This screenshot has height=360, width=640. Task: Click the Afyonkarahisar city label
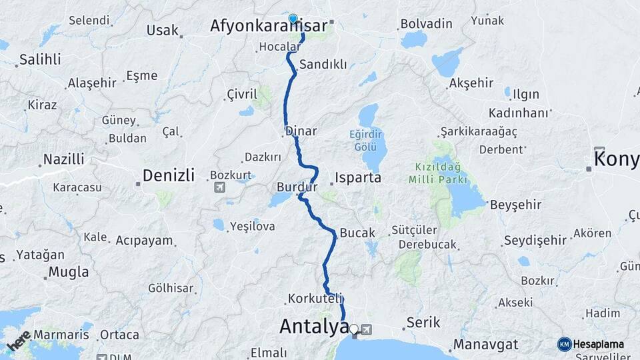(x=269, y=26)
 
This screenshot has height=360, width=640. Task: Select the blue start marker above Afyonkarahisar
(x=293, y=19)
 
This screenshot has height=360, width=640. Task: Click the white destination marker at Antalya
(x=354, y=329)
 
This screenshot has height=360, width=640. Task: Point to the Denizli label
(x=168, y=176)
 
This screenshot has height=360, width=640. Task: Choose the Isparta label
(x=358, y=178)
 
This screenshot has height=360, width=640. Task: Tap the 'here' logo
(x=18, y=341)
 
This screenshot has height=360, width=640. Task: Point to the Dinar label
(x=301, y=131)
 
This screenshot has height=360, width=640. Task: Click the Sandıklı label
(x=323, y=65)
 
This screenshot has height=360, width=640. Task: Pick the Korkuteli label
(x=315, y=298)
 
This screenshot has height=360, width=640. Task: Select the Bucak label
(x=357, y=233)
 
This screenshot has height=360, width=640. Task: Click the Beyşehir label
(x=515, y=205)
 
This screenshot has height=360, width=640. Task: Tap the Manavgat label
(x=486, y=345)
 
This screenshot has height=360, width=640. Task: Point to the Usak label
(x=163, y=30)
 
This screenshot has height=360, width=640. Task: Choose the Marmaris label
(x=61, y=334)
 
